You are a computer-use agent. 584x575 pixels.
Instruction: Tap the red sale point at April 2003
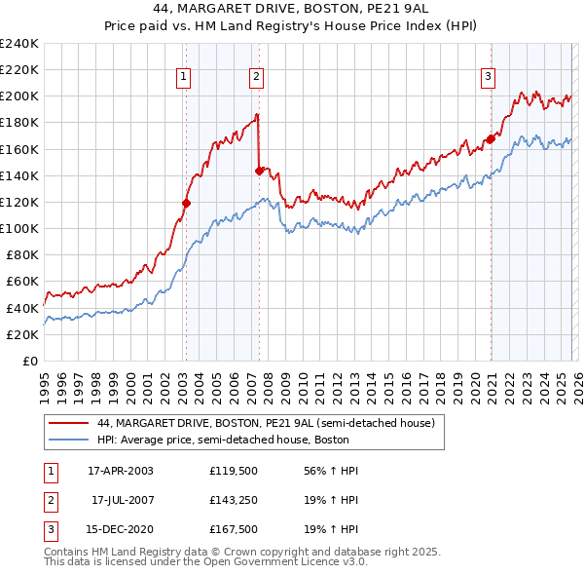186,203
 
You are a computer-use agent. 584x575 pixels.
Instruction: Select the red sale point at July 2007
259,171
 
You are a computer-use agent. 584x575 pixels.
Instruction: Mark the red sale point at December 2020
491,138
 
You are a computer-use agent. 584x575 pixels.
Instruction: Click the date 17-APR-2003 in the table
121,471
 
